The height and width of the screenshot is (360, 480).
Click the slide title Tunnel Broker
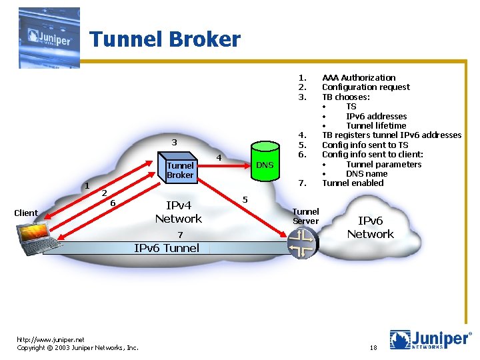coord(165,39)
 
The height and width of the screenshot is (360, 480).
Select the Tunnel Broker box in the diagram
coord(180,170)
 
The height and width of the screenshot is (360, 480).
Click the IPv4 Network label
coord(178,212)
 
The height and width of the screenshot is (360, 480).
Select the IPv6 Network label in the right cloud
coord(370,227)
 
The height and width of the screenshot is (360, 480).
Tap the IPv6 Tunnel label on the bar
coord(167,248)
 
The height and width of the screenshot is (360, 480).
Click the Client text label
coord(26,213)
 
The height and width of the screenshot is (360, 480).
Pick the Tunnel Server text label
coord(306,217)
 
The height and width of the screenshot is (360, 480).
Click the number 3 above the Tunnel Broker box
coord(174,142)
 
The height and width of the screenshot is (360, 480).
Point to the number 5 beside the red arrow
coord(245,199)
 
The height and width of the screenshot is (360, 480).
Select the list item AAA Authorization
coord(359,77)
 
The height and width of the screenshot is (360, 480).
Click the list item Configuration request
coord(366,87)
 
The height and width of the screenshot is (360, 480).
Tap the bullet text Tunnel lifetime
coord(376,125)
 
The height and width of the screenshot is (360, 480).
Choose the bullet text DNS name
coord(366,173)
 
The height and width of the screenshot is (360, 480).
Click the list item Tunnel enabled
coord(353,183)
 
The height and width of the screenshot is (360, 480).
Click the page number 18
coord(372,348)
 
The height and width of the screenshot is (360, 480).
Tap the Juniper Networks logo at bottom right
coord(430,339)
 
